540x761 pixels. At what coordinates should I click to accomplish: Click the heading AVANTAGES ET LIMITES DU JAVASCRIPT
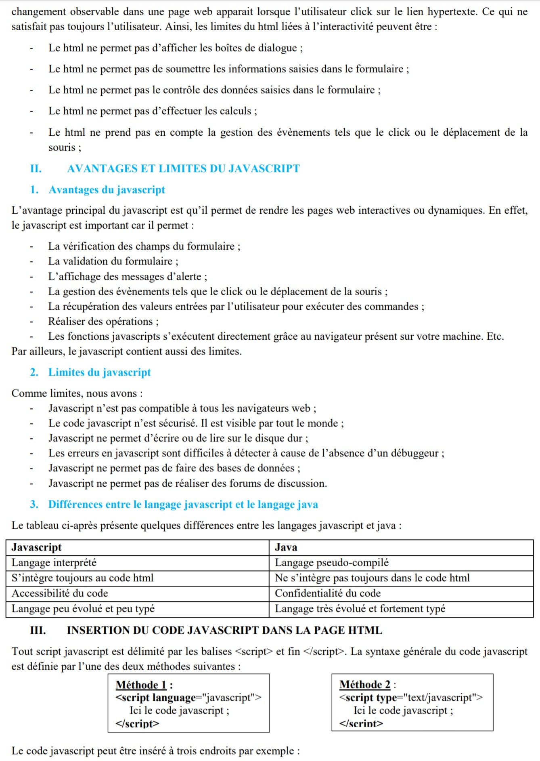click(183, 168)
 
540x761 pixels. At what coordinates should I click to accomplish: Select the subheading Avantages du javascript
click(107, 189)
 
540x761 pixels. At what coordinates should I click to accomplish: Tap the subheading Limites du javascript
click(99, 372)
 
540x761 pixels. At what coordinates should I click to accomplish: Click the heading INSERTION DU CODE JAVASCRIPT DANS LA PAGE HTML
click(224, 630)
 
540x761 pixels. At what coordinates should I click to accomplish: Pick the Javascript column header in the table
click(37, 547)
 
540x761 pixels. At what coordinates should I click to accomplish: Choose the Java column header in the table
click(286, 547)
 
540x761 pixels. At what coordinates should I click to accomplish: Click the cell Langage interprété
click(54, 563)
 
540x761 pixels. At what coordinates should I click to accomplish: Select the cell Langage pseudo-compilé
click(332, 563)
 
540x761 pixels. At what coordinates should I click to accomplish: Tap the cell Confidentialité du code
click(328, 593)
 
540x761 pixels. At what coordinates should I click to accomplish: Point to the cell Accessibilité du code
click(60, 593)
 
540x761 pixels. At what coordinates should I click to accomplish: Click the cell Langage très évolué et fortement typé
click(360, 608)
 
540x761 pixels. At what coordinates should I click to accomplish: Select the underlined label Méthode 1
click(141, 685)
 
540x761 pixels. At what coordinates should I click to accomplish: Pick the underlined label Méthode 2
click(365, 685)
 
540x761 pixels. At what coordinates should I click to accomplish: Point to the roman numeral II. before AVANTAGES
click(36, 168)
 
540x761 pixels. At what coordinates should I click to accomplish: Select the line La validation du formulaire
click(113, 261)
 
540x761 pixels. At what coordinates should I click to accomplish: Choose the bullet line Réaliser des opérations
click(103, 322)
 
